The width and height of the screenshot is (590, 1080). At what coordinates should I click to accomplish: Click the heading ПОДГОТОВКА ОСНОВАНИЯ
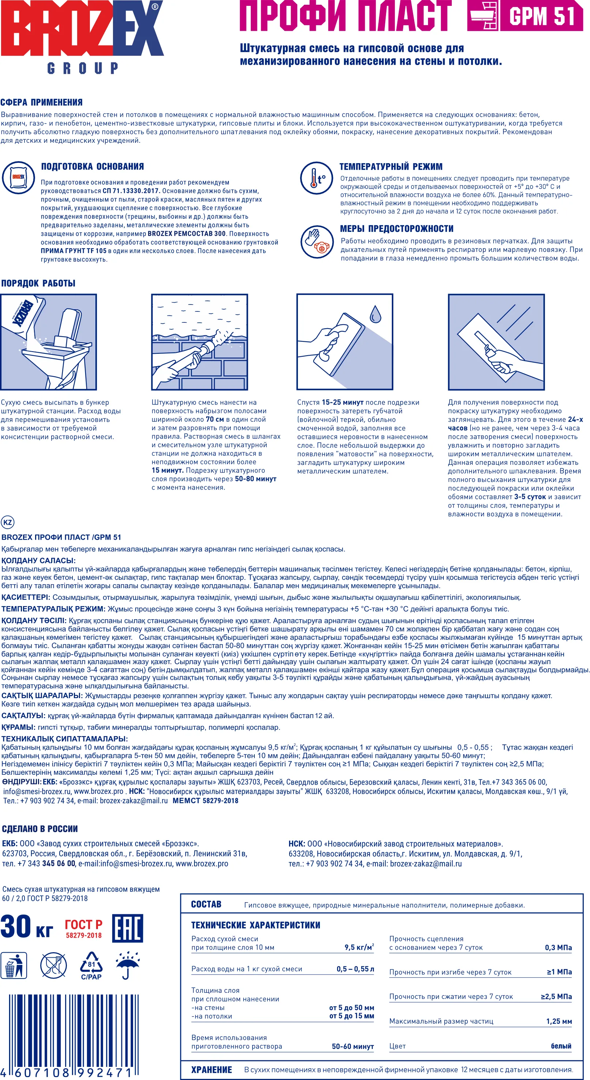[x=92, y=166]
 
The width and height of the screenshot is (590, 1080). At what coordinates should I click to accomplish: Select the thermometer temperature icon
[x=316, y=178]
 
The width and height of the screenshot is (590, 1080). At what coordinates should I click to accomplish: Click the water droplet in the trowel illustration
[x=375, y=314]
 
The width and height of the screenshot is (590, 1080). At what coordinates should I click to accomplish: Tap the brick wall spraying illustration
[x=199, y=342]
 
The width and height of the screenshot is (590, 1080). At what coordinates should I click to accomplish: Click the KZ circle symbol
[x=8, y=522]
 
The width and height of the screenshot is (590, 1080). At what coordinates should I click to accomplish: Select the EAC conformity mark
[x=127, y=928]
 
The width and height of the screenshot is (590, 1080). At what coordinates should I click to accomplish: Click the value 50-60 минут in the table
[x=352, y=1046]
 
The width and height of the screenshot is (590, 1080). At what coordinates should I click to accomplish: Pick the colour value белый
[x=561, y=1046]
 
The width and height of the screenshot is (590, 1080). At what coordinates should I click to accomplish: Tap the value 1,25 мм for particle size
[x=559, y=1021]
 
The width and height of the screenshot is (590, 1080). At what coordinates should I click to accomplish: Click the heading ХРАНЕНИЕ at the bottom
[x=212, y=1069]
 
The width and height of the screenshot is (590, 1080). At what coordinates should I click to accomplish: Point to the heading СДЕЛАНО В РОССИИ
[x=40, y=829]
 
